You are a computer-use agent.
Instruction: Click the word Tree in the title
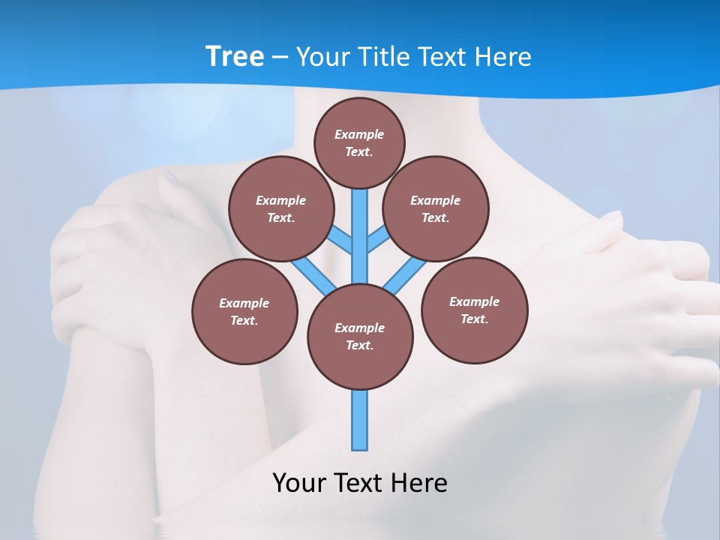click(x=234, y=56)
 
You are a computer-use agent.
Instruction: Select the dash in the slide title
click(x=279, y=57)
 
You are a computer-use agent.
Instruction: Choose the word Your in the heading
click(x=318, y=57)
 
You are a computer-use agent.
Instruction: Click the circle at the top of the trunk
click(x=359, y=142)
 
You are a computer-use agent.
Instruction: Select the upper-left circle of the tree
click(x=281, y=208)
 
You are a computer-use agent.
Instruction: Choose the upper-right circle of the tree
click(x=436, y=208)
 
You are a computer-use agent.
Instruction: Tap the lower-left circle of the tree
click(x=244, y=311)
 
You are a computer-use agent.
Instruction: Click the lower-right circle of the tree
click(x=474, y=310)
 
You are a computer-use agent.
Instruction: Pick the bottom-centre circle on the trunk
click(x=360, y=336)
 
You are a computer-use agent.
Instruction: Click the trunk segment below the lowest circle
click(x=360, y=420)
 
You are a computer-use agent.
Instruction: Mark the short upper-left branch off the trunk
click(x=341, y=241)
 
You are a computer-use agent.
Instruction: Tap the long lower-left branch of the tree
click(x=313, y=275)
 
